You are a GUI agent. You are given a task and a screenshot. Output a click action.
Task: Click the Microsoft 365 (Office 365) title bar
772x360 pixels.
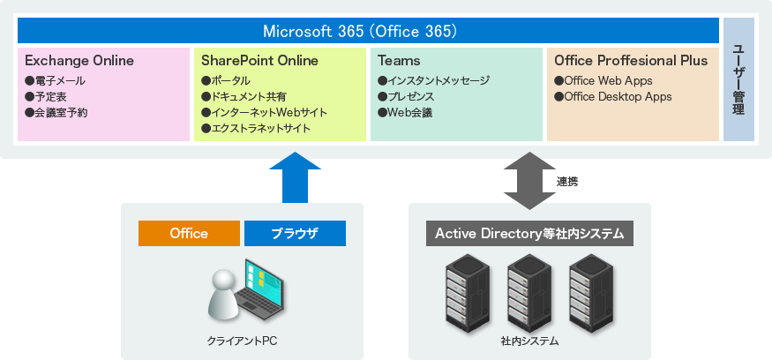click(368, 31)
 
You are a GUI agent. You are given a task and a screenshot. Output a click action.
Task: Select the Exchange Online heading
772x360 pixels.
click(79, 61)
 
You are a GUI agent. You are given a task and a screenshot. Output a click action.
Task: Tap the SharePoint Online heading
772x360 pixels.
click(259, 61)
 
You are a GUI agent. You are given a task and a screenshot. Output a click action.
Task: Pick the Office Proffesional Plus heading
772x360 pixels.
click(630, 61)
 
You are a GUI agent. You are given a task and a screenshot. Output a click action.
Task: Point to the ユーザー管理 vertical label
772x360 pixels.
click(738, 79)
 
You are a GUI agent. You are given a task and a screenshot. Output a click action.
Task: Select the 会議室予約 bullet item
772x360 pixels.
click(56, 113)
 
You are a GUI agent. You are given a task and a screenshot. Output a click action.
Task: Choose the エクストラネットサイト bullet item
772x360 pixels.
click(256, 129)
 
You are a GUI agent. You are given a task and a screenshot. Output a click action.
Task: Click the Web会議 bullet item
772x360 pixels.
click(405, 113)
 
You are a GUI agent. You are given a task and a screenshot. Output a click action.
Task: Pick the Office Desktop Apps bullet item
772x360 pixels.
click(612, 97)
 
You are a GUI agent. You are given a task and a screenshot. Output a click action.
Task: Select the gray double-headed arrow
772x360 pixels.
click(527, 180)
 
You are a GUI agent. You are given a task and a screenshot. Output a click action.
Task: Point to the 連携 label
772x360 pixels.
click(567, 182)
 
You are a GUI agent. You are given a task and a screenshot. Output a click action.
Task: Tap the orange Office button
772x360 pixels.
click(189, 234)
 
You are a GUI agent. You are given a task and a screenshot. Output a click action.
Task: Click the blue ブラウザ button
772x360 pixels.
click(295, 234)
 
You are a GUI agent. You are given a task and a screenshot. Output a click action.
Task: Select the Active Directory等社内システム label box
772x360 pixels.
click(529, 234)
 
